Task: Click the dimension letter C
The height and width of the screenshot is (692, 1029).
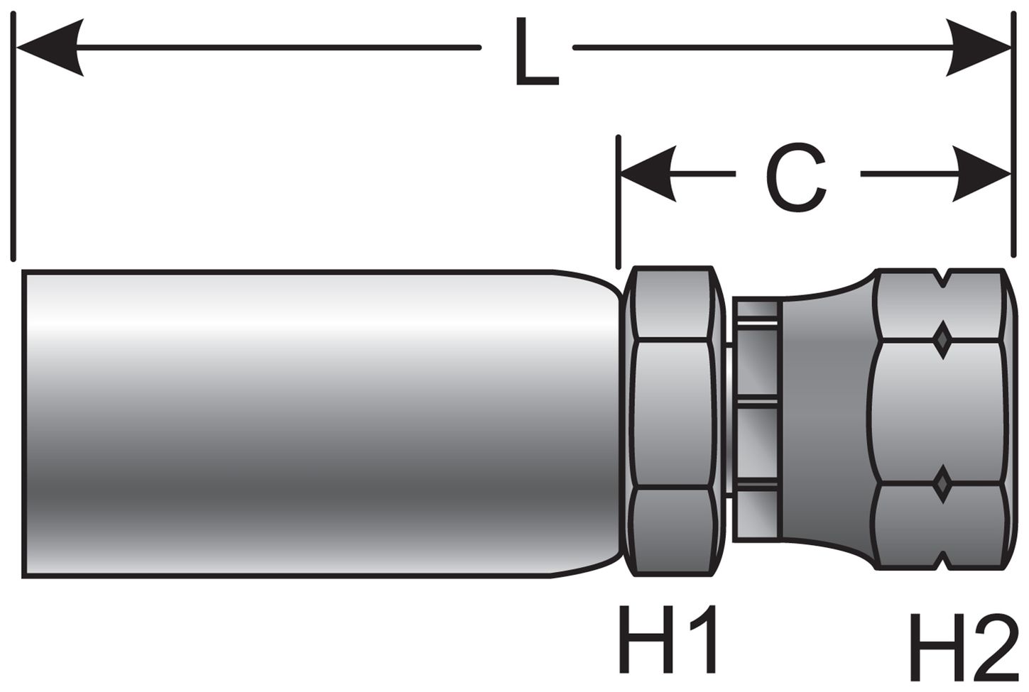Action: [797, 177]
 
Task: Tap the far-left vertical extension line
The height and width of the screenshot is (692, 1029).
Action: [13, 142]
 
